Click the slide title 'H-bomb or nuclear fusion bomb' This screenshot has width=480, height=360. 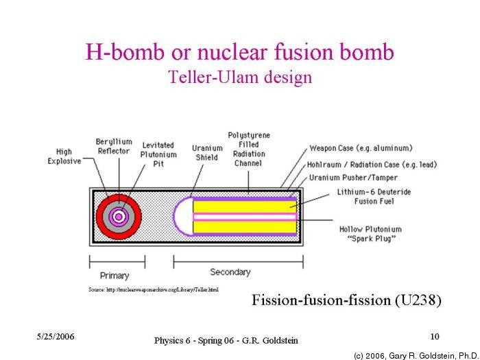click(x=239, y=52)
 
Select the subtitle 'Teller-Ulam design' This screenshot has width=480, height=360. click(x=239, y=77)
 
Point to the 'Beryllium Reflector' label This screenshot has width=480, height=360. click(x=114, y=146)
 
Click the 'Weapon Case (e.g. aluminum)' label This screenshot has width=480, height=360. click(x=360, y=148)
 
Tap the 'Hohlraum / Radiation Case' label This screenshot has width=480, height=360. click(x=372, y=165)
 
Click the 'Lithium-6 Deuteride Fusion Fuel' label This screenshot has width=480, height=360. click(x=374, y=197)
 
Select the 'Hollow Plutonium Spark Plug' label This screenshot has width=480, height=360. click(x=371, y=234)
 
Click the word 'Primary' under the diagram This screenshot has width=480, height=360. click(x=115, y=276)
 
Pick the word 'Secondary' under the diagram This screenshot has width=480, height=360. click(x=230, y=272)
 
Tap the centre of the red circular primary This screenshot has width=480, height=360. click(x=118, y=217)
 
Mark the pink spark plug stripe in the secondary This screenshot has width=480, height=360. click(x=243, y=217)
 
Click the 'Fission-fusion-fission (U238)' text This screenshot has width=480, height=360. click(x=346, y=300)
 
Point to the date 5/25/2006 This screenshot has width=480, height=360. click(x=56, y=337)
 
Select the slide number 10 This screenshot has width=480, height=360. click(x=435, y=336)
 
